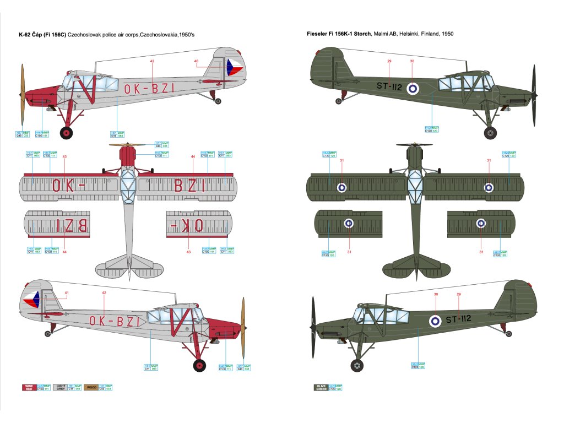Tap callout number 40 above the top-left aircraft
[x=196, y=61]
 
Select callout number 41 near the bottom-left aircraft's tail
[x=67, y=292]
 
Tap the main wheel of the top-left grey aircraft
[x=67, y=133]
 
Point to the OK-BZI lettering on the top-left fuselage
[x=149, y=88]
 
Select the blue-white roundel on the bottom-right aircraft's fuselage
[x=435, y=319]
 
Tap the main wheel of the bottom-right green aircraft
[x=357, y=365]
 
